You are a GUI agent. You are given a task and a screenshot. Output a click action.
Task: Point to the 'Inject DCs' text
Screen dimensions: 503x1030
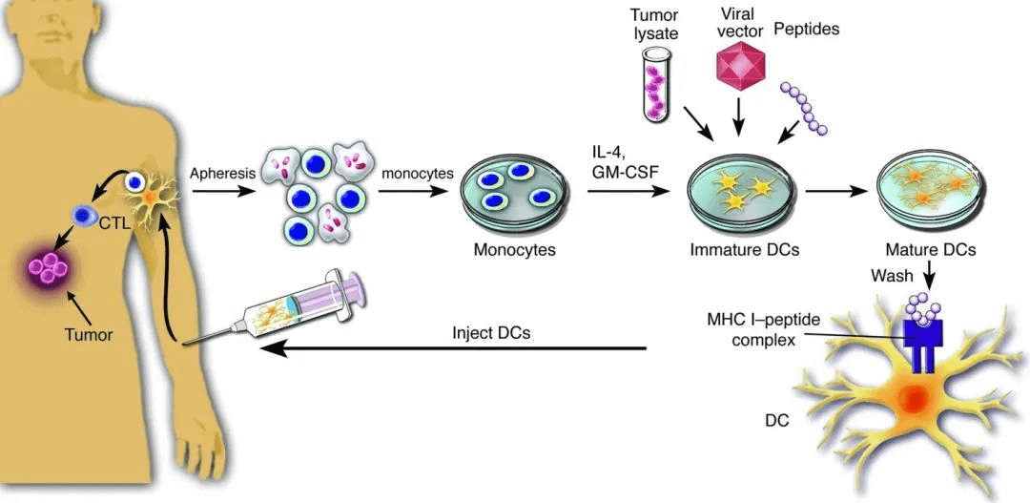click(x=491, y=335)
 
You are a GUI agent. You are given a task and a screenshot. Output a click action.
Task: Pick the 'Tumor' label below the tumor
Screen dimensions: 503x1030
click(x=89, y=335)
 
